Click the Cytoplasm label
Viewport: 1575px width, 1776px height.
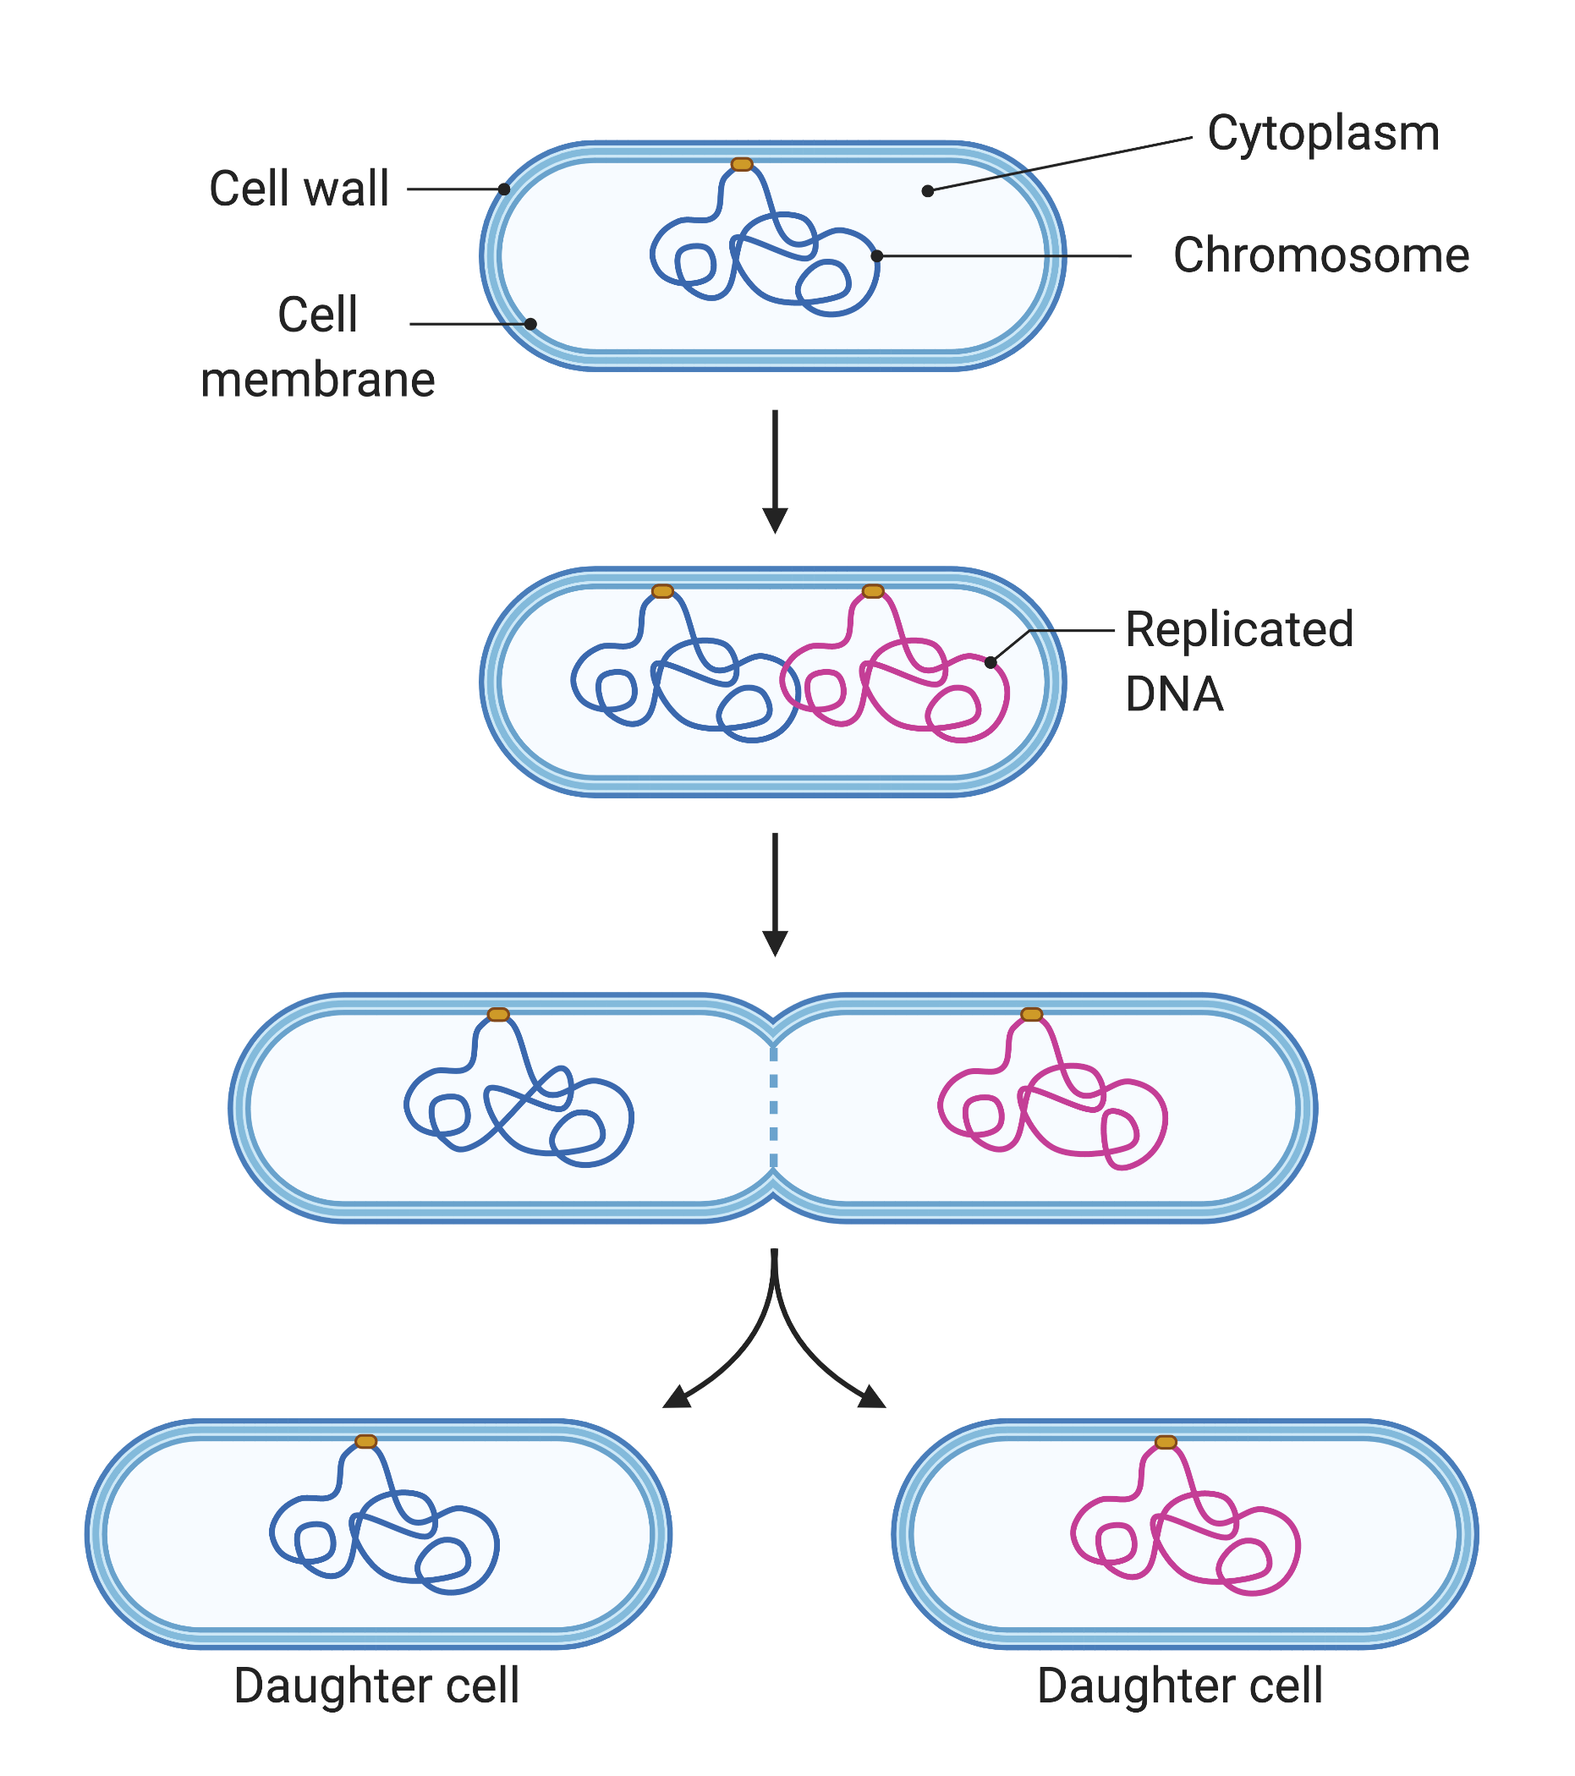coord(1322,134)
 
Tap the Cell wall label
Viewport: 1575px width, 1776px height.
coord(299,189)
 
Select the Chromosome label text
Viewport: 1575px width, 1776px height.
coord(1320,255)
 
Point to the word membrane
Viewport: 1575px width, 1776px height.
coord(317,381)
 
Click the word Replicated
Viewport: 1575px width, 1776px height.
coord(1238,629)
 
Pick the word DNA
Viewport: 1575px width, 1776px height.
coord(1173,694)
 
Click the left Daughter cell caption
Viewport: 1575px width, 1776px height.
coord(376,1686)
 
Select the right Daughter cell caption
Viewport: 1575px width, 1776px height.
coord(1179,1686)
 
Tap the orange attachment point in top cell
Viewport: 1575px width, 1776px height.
coord(742,164)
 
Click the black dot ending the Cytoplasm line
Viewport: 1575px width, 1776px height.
coord(927,190)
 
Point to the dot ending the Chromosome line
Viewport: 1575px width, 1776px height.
coord(877,256)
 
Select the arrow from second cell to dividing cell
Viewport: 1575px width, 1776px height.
coord(775,894)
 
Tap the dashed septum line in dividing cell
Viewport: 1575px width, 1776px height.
coord(774,1108)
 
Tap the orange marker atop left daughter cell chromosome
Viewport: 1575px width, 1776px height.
coord(366,1441)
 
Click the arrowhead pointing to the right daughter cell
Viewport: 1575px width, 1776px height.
coord(872,1397)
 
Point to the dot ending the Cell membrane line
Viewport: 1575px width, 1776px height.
coord(530,324)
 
